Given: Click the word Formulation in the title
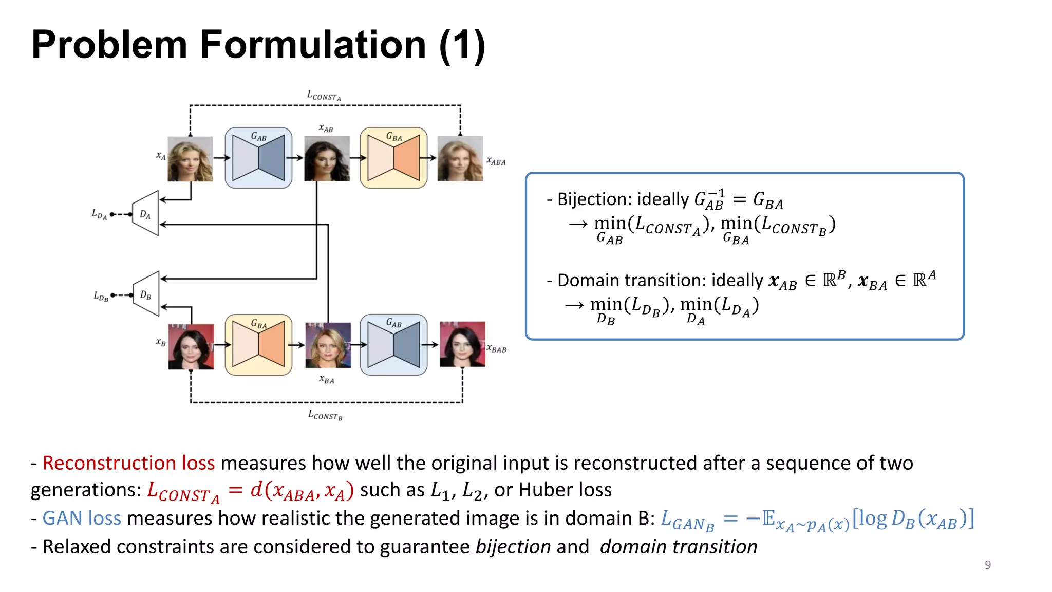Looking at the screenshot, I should (313, 45).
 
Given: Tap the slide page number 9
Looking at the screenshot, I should (987, 565).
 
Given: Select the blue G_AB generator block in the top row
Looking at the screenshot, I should (258, 158).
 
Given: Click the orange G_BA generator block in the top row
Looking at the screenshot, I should (393, 158).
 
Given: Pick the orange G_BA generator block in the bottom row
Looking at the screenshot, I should (258, 344).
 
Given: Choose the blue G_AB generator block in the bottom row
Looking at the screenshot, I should (393, 344).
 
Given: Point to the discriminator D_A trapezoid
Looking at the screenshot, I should (146, 214).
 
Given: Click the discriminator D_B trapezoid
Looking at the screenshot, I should (146, 294).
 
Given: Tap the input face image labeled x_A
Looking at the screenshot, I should (190, 159).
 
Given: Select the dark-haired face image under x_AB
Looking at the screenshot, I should (327, 158).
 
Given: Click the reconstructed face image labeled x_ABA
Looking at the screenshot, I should (460, 158).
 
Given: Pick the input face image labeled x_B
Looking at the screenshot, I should (191, 346).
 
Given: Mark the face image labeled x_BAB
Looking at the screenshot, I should (462, 344).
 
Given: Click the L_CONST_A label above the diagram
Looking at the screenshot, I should (324, 96).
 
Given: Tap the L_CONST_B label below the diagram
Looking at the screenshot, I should (325, 415).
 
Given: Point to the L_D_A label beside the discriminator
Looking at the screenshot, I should (99, 214).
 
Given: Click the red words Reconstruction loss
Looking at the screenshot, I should (128, 463).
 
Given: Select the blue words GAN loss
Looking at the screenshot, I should (82, 518).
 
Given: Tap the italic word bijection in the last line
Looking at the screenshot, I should (513, 547).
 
